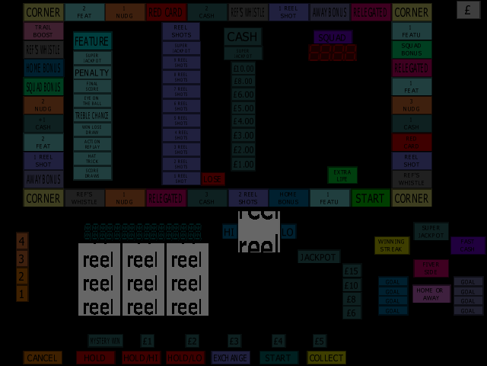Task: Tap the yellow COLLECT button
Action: click(x=326, y=358)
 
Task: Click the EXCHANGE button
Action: click(x=230, y=358)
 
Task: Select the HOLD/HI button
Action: click(x=141, y=358)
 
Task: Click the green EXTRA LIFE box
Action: click(x=342, y=175)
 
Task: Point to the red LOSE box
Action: click(x=213, y=179)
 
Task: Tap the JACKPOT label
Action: click(x=318, y=257)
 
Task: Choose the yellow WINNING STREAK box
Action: click(x=392, y=246)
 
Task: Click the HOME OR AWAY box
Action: click(x=431, y=294)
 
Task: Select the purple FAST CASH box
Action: click(x=467, y=246)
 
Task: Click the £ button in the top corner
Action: click(x=468, y=10)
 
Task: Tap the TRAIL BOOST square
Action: click(x=43, y=31)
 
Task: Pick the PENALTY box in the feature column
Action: click(x=92, y=72)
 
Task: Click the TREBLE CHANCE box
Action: click(x=92, y=115)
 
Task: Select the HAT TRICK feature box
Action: click(x=92, y=159)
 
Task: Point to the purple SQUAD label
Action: click(x=333, y=37)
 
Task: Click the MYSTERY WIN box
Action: click(x=105, y=341)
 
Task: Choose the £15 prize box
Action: click(x=351, y=271)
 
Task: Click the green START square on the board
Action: click(x=370, y=198)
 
